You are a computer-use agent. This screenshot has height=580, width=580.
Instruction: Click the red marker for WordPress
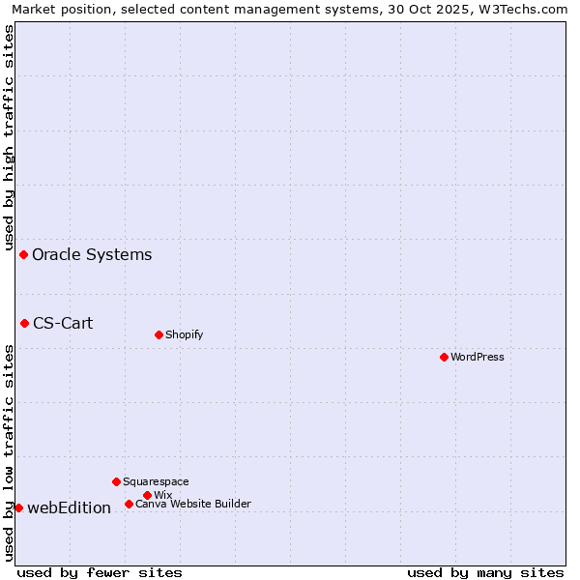click(x=444, y=357)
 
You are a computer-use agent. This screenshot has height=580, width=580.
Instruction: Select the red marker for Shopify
click(x=159, y=334)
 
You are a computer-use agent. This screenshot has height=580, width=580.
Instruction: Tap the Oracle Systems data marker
click(x=23, y=254)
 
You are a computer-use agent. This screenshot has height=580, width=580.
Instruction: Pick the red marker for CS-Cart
click(x=24, y=323)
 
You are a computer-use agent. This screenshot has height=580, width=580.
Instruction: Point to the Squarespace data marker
click(x=116, y=481)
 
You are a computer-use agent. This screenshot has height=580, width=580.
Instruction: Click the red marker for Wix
click(x=147, y=495)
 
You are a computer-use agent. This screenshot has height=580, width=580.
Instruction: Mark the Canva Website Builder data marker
click(x=129, y=504)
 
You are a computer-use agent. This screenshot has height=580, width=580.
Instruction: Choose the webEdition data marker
click(x=18, y=507)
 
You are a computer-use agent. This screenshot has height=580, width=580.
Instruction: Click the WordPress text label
click(x=478, y=357)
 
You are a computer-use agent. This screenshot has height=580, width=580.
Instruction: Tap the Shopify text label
click(x=184, y=334)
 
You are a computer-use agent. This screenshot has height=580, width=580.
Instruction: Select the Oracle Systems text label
click(x=92, y=254)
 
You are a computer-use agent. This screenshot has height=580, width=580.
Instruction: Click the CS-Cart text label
click(x=63, y=323)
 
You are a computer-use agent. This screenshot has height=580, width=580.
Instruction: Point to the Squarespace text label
click(x=156, y=481)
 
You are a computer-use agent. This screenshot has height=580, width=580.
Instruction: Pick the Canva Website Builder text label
click(x=193, y=504)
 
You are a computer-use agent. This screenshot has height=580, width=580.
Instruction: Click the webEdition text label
click(x=69, y=507)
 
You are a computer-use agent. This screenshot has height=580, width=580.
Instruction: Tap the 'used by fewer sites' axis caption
click(x=100, y=572)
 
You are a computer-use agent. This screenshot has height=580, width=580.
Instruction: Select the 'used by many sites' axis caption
click(x=485, y=572)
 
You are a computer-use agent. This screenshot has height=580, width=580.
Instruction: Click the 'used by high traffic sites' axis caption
click(x=9, y=135)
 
